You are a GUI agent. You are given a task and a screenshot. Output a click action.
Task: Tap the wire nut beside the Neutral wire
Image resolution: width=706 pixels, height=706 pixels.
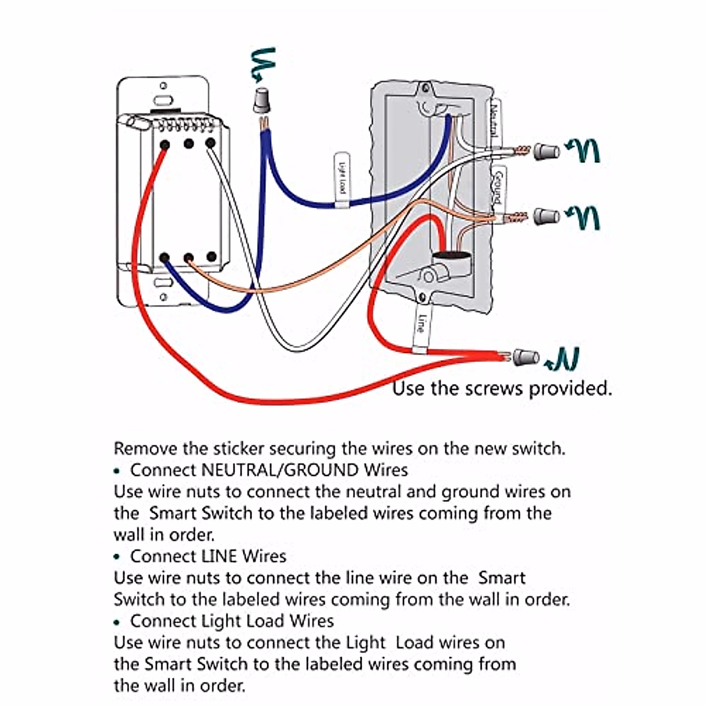[x=547, y=151]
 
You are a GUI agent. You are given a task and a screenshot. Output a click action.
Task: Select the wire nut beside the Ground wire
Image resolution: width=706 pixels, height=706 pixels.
[x=547, y=216]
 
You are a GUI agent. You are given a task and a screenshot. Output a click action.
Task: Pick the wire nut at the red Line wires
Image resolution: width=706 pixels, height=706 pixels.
[x=526, y=357]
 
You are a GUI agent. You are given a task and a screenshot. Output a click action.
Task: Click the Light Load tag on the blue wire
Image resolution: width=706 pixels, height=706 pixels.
[x=341, y=181]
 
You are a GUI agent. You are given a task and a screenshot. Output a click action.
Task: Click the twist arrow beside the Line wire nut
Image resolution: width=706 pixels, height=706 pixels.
[x=564, y=359]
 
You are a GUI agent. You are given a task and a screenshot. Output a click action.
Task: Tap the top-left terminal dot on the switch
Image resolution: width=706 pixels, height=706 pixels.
[x=165, y=144]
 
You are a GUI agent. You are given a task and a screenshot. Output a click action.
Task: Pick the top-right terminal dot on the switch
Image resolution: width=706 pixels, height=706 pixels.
[x=210, y=143]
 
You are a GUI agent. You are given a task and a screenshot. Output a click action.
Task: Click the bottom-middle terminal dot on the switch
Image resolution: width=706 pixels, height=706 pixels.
[x=189, y=258]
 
